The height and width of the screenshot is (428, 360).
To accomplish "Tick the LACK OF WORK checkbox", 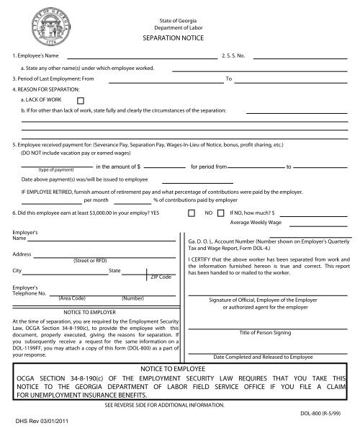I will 81,100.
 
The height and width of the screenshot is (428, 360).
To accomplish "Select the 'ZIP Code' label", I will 161,277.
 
